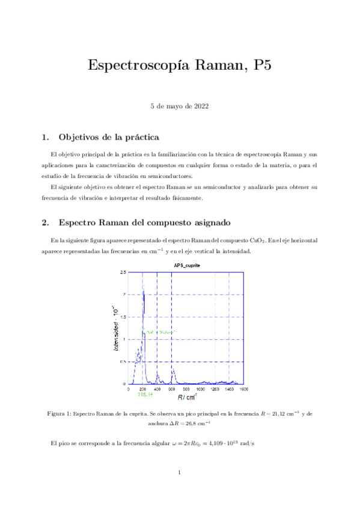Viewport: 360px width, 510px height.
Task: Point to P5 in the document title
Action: (262, 66)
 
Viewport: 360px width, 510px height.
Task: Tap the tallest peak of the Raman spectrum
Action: (143, 287)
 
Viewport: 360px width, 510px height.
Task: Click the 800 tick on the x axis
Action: (186, 390)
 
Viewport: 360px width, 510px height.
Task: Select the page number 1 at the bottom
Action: (180, 472)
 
